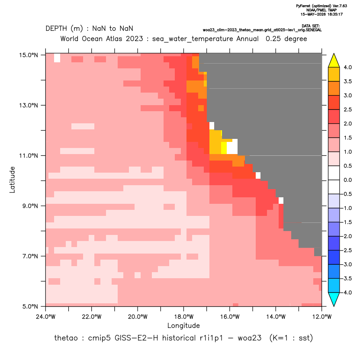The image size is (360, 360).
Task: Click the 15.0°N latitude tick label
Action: (x=29, y=55)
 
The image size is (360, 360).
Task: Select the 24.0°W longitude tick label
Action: (x=46, y=317)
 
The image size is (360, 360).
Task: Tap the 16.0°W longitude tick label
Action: (x=230, y=317)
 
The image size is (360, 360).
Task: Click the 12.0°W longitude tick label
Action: (x=322, y=317)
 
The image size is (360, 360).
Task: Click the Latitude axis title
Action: (x=12, y=180)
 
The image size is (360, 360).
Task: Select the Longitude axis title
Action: (x=183, y=325)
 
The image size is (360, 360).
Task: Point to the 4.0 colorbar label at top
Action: (x=347, y=67)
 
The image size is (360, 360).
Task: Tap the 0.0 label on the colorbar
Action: (x=347, y=180)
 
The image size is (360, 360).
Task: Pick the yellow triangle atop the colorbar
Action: (x=334, y=61)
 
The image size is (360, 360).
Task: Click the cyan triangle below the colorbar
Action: (x=334, y=299)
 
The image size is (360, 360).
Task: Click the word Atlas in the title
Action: (x=114, y=39)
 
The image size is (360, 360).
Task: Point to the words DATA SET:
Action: (x=310, y=26)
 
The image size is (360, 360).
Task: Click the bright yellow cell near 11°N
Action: (x=224, y=148)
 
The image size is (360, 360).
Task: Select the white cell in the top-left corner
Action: (x=57, y=58)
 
